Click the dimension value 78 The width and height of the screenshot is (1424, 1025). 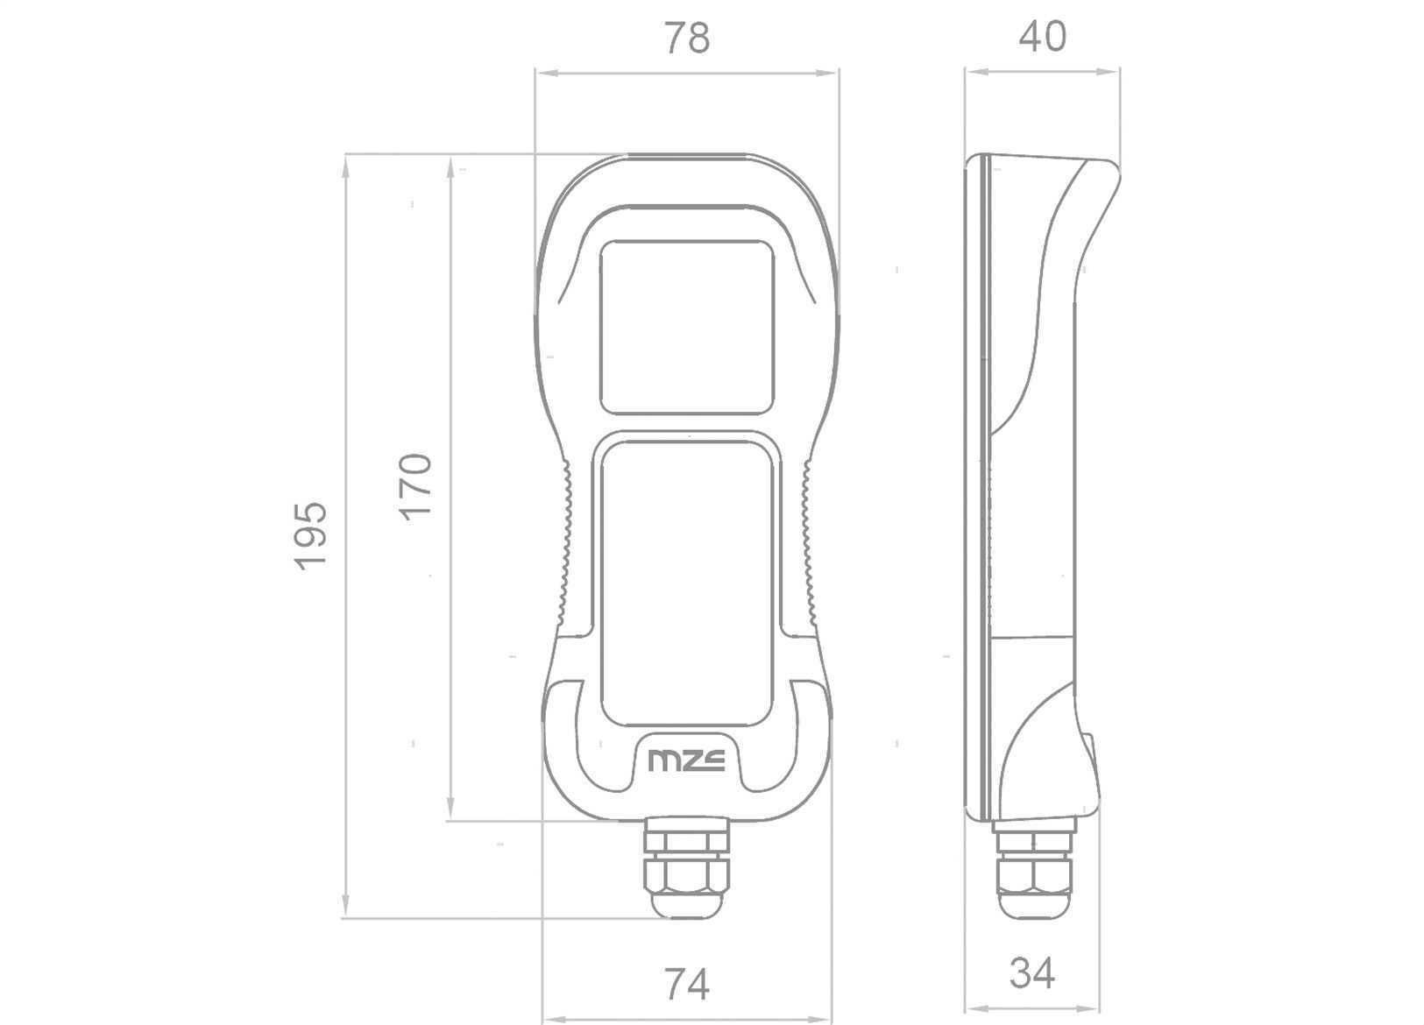click(686, 38)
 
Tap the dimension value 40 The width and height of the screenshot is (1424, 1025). click(1043, 36)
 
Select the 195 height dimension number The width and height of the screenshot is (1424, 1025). click(310, 536)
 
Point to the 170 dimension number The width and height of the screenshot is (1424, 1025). click(415, 487)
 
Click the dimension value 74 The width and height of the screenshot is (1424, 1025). click(686, 985)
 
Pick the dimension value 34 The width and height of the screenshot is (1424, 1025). click(1032, 973)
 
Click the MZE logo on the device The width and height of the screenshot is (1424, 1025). click(686, 760)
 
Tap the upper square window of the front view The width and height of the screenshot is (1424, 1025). click(687, 328)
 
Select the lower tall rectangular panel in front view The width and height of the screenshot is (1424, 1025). click(687, 583)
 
